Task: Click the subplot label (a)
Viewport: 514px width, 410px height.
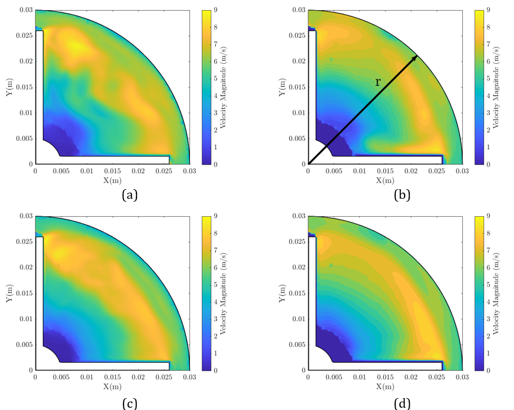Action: click(129, 195)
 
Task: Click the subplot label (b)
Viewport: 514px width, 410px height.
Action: click(402, 195)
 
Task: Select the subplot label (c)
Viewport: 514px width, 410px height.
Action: click(129, 402)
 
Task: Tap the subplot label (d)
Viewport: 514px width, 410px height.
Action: click(402, 402)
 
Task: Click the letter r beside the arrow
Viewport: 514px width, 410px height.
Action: click(378, 82)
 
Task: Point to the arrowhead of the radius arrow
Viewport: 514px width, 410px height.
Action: click(415, 57)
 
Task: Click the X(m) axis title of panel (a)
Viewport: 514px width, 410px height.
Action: click(112, 180)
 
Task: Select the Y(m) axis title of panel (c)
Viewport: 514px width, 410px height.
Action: click(9, 293)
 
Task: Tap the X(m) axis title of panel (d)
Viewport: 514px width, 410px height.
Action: click(385, 386)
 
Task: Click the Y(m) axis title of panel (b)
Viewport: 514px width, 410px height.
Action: click(282, 87)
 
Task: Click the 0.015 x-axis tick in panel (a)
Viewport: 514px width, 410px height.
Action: click(112, 171)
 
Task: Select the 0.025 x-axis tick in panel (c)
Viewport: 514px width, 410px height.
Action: click(164, 377)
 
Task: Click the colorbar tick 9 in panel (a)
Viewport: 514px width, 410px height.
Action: click(216, 10)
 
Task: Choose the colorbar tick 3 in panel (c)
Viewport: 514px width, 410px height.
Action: click(216, 319)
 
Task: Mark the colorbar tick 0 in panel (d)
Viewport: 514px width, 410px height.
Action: click(489, 371)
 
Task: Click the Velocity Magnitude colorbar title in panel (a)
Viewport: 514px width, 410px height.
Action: click(224, 87)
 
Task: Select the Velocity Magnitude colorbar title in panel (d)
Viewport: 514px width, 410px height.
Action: click(497, 293)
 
